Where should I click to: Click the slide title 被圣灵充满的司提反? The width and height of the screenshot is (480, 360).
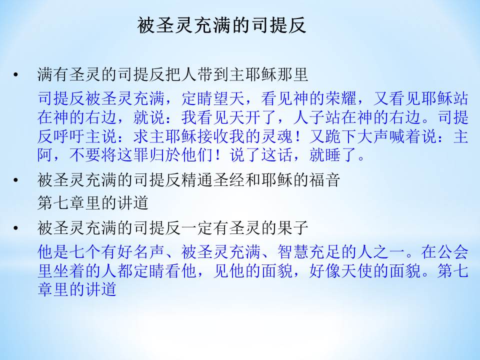pos(221,25)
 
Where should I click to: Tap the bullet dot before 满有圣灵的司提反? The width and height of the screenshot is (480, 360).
pos(15,74)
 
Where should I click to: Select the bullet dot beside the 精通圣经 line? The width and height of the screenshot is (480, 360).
pos(15,180)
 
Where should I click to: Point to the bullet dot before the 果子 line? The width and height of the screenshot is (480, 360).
pos(15,228)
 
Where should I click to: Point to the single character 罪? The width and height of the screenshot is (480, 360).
pos(141,155)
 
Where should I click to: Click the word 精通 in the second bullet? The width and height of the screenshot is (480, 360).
pos(197,180)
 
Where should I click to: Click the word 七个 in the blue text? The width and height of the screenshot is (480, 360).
pos(85,252)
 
